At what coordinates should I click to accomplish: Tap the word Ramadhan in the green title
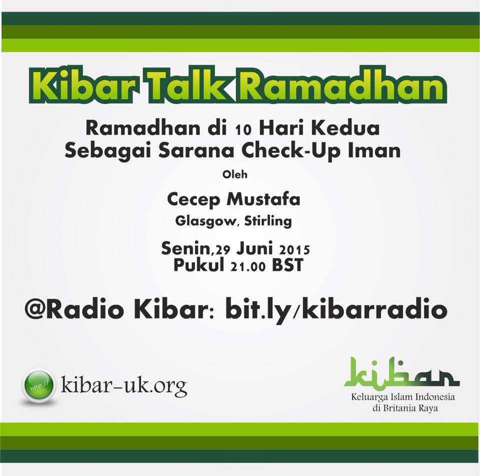pos(342,85)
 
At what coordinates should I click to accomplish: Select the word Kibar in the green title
pos(85,85)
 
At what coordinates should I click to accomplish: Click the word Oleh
pos(235,174)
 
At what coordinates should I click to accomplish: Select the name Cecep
pos(193,200)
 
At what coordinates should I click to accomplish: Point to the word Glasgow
pos(205,221)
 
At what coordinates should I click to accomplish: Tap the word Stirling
pos(268,221)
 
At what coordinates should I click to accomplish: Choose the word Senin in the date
pos(186,248)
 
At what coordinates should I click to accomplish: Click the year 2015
pos(294,250)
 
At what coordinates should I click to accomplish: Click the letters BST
pos(287,265)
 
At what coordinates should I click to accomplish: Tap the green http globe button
pos(38,385)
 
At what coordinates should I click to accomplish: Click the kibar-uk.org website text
pos(124,385)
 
